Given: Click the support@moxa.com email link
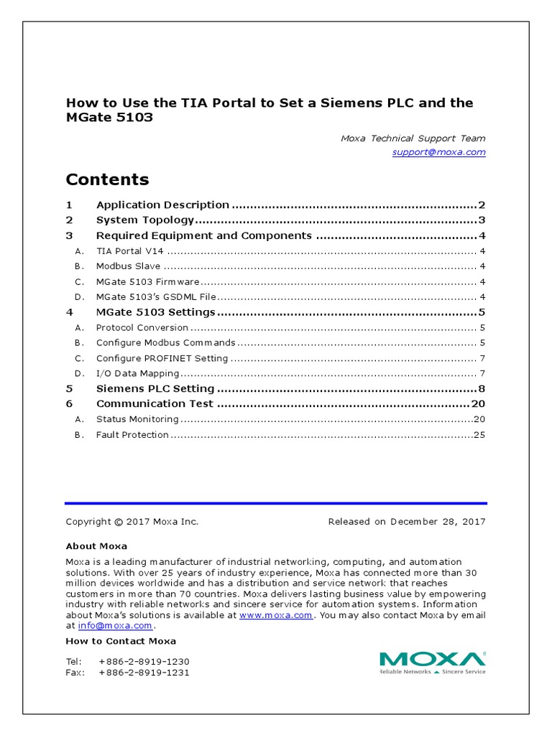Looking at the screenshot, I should tap(438, 152).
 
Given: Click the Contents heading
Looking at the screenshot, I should tap(107, 179).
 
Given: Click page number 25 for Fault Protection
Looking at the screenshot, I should tap(479, 435).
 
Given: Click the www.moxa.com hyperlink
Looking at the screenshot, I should tap(275, 615).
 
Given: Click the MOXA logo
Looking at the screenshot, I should tap(432, 662).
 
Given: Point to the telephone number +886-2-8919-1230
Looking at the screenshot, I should tap(144, 661).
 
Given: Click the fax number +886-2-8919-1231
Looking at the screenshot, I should tap(144, 673).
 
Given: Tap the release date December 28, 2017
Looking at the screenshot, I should tap(438, 522).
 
